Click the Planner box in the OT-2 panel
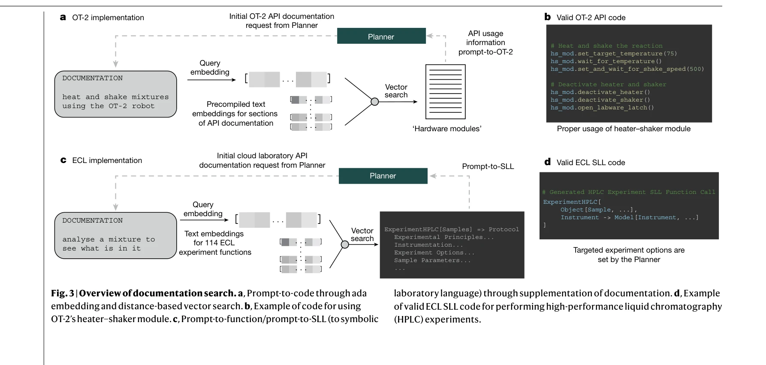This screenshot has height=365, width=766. [381, 36]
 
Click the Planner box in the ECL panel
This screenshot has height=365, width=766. [383, 176]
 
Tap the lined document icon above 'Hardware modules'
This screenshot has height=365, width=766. [445, 91]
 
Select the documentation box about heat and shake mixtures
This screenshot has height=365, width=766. [115, 94]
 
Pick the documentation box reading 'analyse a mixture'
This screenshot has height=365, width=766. [115, 235]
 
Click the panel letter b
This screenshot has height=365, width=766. [547, 17]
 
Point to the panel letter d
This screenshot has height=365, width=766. [547, 162]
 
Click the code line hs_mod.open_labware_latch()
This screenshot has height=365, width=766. [602, 108]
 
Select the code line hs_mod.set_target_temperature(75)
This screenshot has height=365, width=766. [613, 54]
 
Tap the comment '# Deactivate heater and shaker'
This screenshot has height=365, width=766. [608, 84]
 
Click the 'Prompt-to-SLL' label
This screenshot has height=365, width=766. [488, 166]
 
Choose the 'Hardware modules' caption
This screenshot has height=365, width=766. [447, 129]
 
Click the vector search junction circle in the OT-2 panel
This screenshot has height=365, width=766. [374, 102]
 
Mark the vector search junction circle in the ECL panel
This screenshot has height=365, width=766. [344, 244]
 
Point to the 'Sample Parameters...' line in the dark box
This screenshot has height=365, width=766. [432, 260]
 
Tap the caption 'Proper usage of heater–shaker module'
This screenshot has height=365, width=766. [624, 129]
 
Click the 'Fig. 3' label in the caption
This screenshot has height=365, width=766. [62, 293]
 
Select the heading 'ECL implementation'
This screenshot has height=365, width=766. [107, 160]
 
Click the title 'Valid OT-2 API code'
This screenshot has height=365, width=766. [591, 18]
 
